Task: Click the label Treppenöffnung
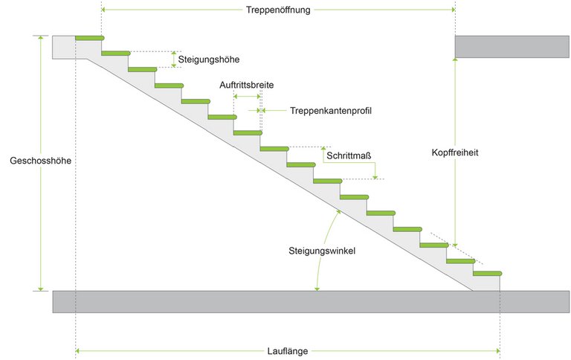tap(278, 10)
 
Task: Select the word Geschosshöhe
tap(40, 161)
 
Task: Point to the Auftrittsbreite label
tap(246, 85)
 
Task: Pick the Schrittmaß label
tap(349, 155)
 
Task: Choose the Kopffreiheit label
tap(454, 152)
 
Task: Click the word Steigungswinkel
tap(322, 251)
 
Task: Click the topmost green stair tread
tap(89, 37)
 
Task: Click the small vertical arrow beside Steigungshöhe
tap(174, 60)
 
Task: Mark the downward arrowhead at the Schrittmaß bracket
tap(377, 176)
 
